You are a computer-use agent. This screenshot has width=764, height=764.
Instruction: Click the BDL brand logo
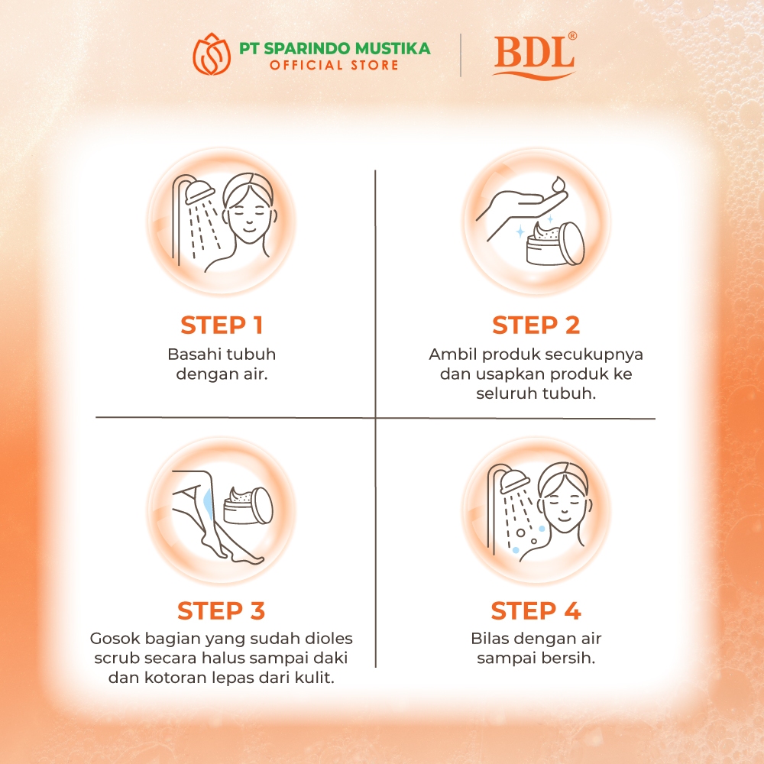pos(535,55)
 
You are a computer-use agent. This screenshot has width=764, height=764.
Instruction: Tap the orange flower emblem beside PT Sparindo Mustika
pos(212,53)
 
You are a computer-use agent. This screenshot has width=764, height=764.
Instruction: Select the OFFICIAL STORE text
pos(335,65)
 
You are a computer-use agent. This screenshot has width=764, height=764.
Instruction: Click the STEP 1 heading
pos(222,325)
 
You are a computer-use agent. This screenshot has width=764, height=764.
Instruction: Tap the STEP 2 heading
pos(536,325)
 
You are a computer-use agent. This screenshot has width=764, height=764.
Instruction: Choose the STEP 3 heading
pos(222,610)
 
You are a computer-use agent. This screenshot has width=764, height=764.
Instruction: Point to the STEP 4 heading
pos(536,610)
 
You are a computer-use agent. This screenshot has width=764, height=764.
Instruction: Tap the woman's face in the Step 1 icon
pos(249,215)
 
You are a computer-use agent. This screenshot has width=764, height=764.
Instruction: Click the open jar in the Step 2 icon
pos(555,243)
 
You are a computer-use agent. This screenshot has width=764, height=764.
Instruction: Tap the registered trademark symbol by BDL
pos(572,36)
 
